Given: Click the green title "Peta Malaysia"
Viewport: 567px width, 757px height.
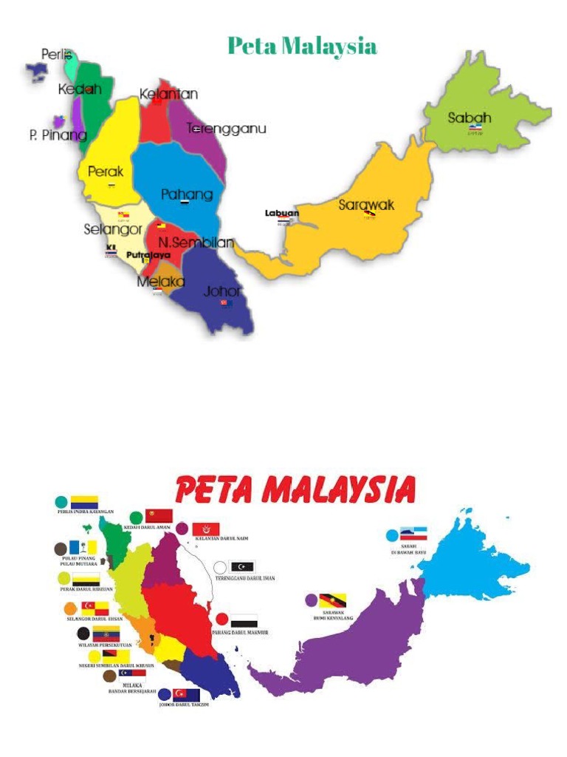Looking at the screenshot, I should click(x=302, y=47).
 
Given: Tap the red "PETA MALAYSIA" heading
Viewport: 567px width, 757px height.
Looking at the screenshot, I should click(x=295, y=490).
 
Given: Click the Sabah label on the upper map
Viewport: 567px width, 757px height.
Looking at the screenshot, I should click(x=470, y=118).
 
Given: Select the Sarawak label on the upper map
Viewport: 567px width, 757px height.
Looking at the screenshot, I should click(x=366, y=205).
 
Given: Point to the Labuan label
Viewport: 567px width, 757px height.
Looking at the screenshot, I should click(x=282, y=214).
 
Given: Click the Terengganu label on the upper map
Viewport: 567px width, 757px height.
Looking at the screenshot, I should click(x=226, y=129).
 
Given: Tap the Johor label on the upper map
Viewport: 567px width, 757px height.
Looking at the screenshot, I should click(x=222, y=291).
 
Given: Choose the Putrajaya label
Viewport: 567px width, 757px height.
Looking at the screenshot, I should click(x=148, y=255).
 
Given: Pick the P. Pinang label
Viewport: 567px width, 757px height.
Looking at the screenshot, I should click(x=58, y=135).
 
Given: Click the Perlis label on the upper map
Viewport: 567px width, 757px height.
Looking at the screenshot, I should click(x=57, y=55).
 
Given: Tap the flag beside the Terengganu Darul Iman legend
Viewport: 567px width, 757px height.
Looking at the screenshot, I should click(x=243, y=567).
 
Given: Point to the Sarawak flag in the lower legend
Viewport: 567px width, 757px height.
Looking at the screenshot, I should click(x=333, y=600).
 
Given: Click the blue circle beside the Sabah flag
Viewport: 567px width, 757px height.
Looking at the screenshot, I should click(x=392, y=535).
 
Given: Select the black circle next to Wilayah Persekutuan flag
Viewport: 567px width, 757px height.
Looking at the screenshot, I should click(x=83, y=634).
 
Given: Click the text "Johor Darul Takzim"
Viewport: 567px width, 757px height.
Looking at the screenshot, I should click(x=184, y=705).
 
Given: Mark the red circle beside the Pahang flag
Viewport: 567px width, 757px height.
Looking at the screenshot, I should click(x=221, y=619).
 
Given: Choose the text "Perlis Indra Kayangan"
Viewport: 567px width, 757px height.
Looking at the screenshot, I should click(x=86, y=512).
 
